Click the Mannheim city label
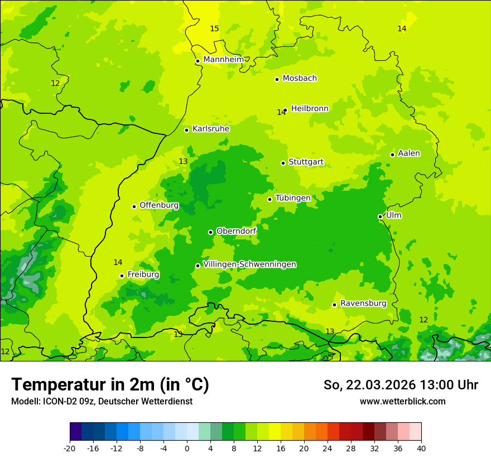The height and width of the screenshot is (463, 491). tap(224, 60)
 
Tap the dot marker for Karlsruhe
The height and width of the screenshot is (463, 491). tap(186, 130)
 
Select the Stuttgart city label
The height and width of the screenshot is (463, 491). tap(306, 162)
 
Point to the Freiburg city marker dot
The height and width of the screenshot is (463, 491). tap(122, 276)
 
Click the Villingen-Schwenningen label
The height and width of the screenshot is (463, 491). tap(249, 264)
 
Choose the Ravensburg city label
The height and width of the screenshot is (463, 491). tap(363, 303)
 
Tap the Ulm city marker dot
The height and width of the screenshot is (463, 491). tap(380, 216)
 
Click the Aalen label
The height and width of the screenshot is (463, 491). tap(409, 153)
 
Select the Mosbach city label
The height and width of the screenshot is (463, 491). tap(300, 79)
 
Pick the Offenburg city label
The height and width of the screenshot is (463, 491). tap(159, 205)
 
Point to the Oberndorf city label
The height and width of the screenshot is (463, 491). tap(236, 231)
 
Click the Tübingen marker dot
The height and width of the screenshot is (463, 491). tap(269, 199)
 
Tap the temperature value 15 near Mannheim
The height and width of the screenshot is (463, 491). tap(214, 28)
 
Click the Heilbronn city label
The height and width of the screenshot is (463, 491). tap(310, 109)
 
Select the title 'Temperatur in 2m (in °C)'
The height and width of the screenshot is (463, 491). tap(110, 384)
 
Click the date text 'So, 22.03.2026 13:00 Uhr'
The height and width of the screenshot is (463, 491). tap(401, 385)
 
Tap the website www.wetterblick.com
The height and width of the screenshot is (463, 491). tap(402, 402)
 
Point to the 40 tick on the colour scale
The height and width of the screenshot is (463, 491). tap(421, 448)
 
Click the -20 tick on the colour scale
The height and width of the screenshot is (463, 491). tap(70, 448)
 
